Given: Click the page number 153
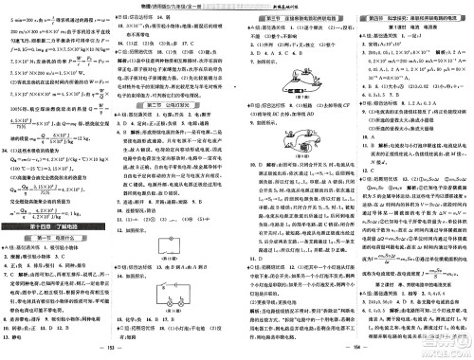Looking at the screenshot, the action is (x=118, y=350).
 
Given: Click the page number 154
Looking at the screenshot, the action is (x=354, y=350).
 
